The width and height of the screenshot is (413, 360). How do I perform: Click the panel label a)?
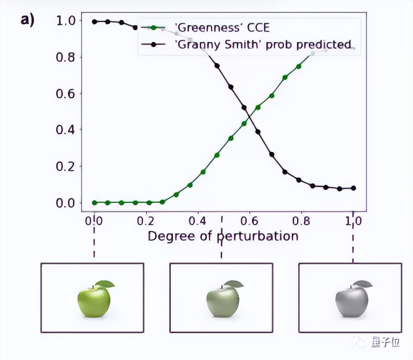point(27,20)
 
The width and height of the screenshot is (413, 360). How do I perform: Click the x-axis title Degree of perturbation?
point(223,236)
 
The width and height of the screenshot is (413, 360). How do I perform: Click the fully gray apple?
point(352,302)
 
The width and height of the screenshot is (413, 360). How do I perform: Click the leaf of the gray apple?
point(363,284)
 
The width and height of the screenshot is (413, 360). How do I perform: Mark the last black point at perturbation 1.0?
point(353,188)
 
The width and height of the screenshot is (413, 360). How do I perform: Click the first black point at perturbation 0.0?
point(94,22)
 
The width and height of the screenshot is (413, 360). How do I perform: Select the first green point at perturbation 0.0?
point(94,202)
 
